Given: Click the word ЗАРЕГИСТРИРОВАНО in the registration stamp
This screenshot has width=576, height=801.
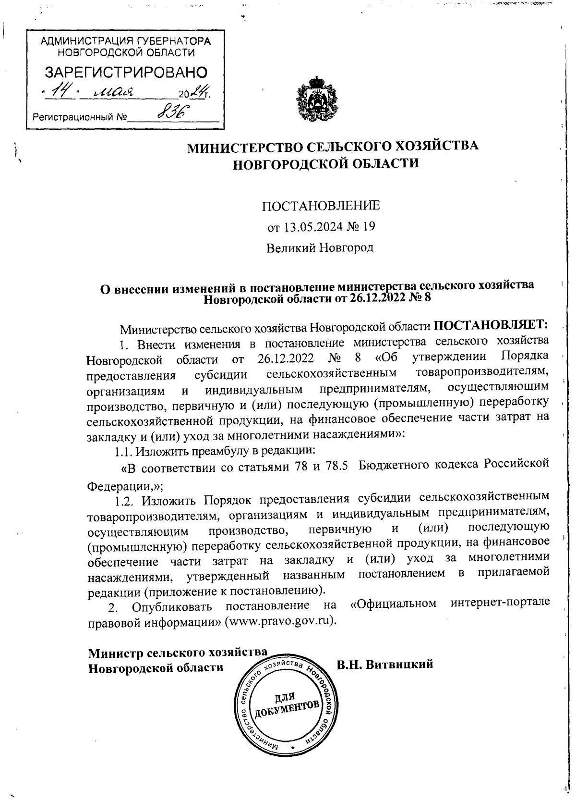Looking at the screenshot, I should point(126,72).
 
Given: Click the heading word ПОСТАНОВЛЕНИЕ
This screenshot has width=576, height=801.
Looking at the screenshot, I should point(320,206).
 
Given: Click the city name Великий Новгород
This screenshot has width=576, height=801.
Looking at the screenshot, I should point(320,248).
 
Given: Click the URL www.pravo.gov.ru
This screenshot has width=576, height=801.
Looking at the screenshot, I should point(282,620).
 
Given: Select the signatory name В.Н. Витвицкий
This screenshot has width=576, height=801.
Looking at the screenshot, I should point(385,664).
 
